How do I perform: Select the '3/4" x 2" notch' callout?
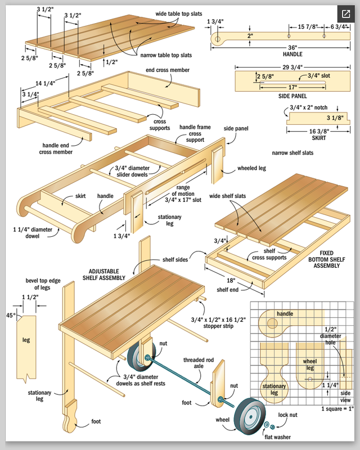point(308,107)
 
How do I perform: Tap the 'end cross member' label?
point(168,70)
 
